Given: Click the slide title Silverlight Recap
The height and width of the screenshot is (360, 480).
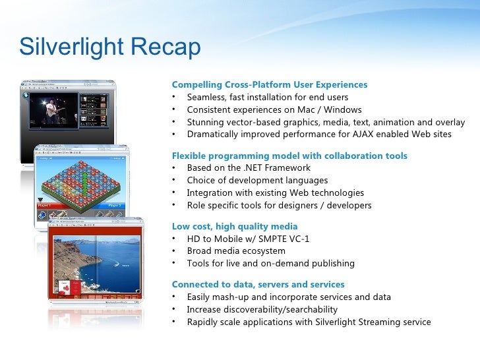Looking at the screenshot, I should (109, 47).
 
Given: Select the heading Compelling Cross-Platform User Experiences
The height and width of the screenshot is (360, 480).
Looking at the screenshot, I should (269, 85).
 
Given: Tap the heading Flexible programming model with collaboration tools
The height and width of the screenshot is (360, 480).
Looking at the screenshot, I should (289, 156).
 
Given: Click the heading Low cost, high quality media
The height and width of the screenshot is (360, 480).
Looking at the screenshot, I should (234, 227).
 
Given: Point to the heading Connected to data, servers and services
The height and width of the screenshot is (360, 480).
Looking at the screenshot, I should (258, 285).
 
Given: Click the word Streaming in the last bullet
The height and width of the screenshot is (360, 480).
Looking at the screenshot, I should (373, 322).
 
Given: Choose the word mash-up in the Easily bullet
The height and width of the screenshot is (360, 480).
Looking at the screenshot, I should (229, 297).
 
